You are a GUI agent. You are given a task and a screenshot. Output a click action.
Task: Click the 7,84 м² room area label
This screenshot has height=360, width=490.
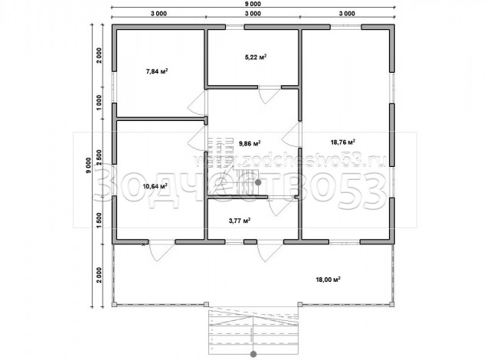click(157, 71)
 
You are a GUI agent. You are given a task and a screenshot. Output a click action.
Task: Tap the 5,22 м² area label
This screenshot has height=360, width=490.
click(256, 57)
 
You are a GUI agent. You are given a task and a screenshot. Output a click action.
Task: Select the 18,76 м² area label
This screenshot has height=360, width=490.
click(343, 142)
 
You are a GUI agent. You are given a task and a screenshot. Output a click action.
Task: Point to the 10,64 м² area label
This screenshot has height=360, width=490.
click(155, 186)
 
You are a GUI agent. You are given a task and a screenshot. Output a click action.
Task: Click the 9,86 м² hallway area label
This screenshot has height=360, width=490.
click(250, 143)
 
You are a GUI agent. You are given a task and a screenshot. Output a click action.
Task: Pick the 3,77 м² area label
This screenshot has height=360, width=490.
click(240, 221)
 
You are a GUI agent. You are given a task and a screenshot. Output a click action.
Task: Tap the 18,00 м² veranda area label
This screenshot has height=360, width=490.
click(328, 280)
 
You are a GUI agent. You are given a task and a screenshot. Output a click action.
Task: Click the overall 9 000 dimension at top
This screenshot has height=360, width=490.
click(253, 4)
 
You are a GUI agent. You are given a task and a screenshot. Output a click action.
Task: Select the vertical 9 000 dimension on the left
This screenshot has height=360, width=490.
click(89, 165)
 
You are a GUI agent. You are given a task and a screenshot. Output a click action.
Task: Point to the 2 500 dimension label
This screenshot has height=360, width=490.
click(99, 158)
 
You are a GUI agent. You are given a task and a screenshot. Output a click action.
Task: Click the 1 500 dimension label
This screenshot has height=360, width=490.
click(99, 221)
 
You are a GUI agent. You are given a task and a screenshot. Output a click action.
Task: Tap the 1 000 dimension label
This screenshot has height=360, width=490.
click(99, 103)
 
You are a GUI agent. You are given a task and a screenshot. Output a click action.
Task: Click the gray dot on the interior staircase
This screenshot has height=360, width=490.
click(258, 182)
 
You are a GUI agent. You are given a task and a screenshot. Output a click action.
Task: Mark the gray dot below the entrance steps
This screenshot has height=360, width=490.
click(253, 354)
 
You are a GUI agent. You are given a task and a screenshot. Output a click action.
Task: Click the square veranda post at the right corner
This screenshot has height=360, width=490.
click(392, 304)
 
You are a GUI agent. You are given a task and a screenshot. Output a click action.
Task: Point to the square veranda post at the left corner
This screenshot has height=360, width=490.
click(114, 304)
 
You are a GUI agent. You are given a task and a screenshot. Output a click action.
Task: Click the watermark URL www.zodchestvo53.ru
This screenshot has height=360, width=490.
click(291, 161)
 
